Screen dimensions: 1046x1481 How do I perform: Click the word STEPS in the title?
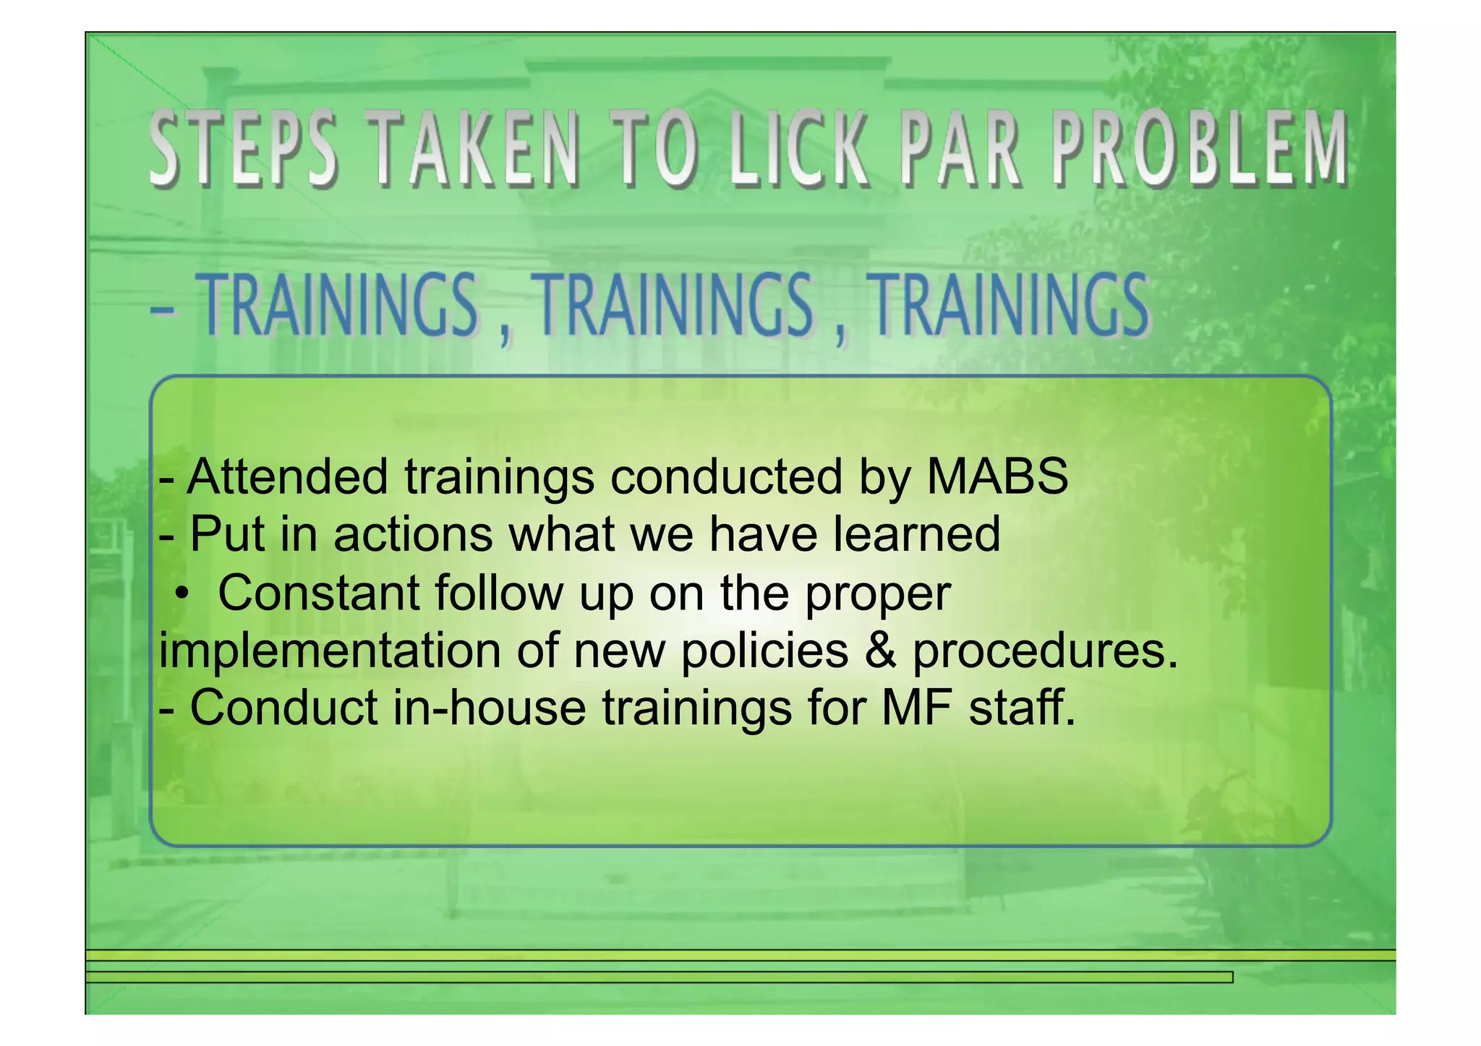click(x=244, y=149)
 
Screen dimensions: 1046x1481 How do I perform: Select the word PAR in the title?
click(x=961, y=149)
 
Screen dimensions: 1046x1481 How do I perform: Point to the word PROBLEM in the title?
click(x=1200, y=149)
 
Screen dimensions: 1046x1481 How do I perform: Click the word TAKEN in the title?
click(x=477, y=149)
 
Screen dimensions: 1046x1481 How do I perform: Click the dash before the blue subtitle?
click(x=163, y=312)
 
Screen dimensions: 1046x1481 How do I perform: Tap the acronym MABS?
click(x=997, y=477)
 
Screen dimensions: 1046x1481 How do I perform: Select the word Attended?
click(x=287, y=477)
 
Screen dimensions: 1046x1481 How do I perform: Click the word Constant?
click(x=319, y=593)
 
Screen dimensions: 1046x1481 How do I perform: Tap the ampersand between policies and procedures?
click(x=880, y=650)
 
